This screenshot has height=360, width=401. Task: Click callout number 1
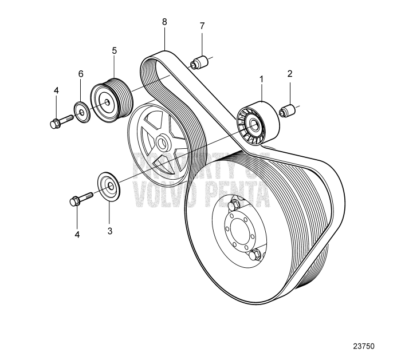pyautogui.click(x=262, y=78)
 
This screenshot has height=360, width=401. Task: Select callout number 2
pyautogui.click(x=290, y=73)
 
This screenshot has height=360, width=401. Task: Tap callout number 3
pyautogui.click(x=109, y=231)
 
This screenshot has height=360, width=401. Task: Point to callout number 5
pyautogui.click(x=115, y=51)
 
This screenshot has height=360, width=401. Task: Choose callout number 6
pyautogui.click(x=81, y=74)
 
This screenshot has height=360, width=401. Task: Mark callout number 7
pyautogui.click(x=202, y=26)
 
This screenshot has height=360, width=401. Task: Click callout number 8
pyautogui.click(x=164, y=22)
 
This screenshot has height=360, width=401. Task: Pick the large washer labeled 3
pyautogui.click(x=108, y=185)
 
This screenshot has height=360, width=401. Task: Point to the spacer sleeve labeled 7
pyautogui.click(x=198, y=61)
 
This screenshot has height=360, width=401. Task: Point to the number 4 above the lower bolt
pyautogui.click(x=77, y=235)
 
